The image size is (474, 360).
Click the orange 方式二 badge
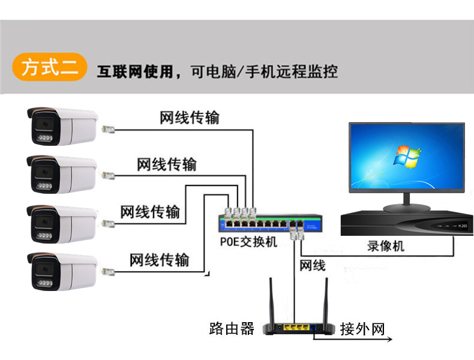coord(50,67)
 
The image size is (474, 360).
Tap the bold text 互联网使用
coord(138,73)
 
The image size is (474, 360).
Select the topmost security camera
coord(62,127)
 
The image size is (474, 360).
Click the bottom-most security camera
coord(62,271)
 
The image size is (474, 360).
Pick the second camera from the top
coord(62,175)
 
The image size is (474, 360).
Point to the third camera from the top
coord(62,223)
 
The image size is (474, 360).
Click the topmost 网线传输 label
coord(190,118)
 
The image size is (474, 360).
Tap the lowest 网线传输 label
coord(160,260)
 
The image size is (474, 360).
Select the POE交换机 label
coord(247,242)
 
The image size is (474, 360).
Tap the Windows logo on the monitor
coord(407,156)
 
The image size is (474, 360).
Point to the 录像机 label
coord(386,246)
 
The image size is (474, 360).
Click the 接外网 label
coord(362,329)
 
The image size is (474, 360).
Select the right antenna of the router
coord(329,301)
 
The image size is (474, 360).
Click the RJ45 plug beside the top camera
coord(108,129)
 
